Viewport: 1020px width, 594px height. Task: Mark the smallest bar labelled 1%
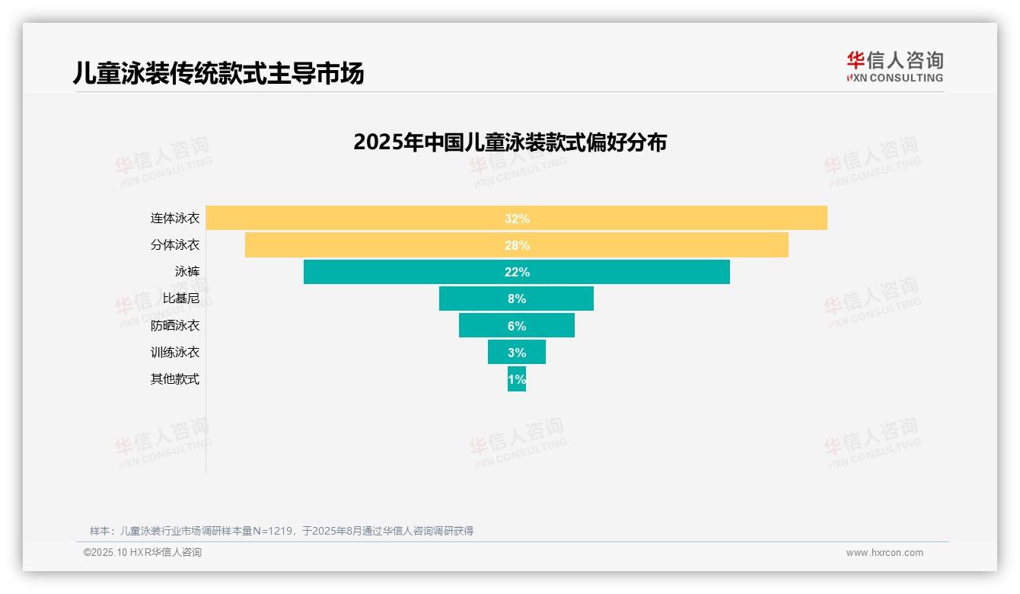coord(517,379)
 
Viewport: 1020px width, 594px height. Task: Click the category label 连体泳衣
coord(174,219)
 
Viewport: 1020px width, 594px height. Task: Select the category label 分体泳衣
coord(174,245)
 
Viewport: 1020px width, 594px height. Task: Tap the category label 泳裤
coord(186,272)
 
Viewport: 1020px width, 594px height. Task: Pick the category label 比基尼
coord(180,299)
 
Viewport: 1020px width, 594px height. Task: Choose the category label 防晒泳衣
coord(174,326)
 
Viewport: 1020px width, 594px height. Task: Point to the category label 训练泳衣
coord(174,353)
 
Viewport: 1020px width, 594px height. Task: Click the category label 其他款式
coord(174,379)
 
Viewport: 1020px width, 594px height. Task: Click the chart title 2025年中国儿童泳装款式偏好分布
coord(509,142)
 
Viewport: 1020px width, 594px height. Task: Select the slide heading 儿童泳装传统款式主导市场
coord(218,73)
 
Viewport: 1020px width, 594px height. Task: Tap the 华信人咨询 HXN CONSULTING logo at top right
coord(894,67)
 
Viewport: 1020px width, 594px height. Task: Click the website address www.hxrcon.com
coord(885,553)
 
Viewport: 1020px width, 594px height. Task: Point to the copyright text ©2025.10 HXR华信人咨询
coord(142,553)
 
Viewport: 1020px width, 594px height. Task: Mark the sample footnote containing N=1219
coord(282,531)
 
